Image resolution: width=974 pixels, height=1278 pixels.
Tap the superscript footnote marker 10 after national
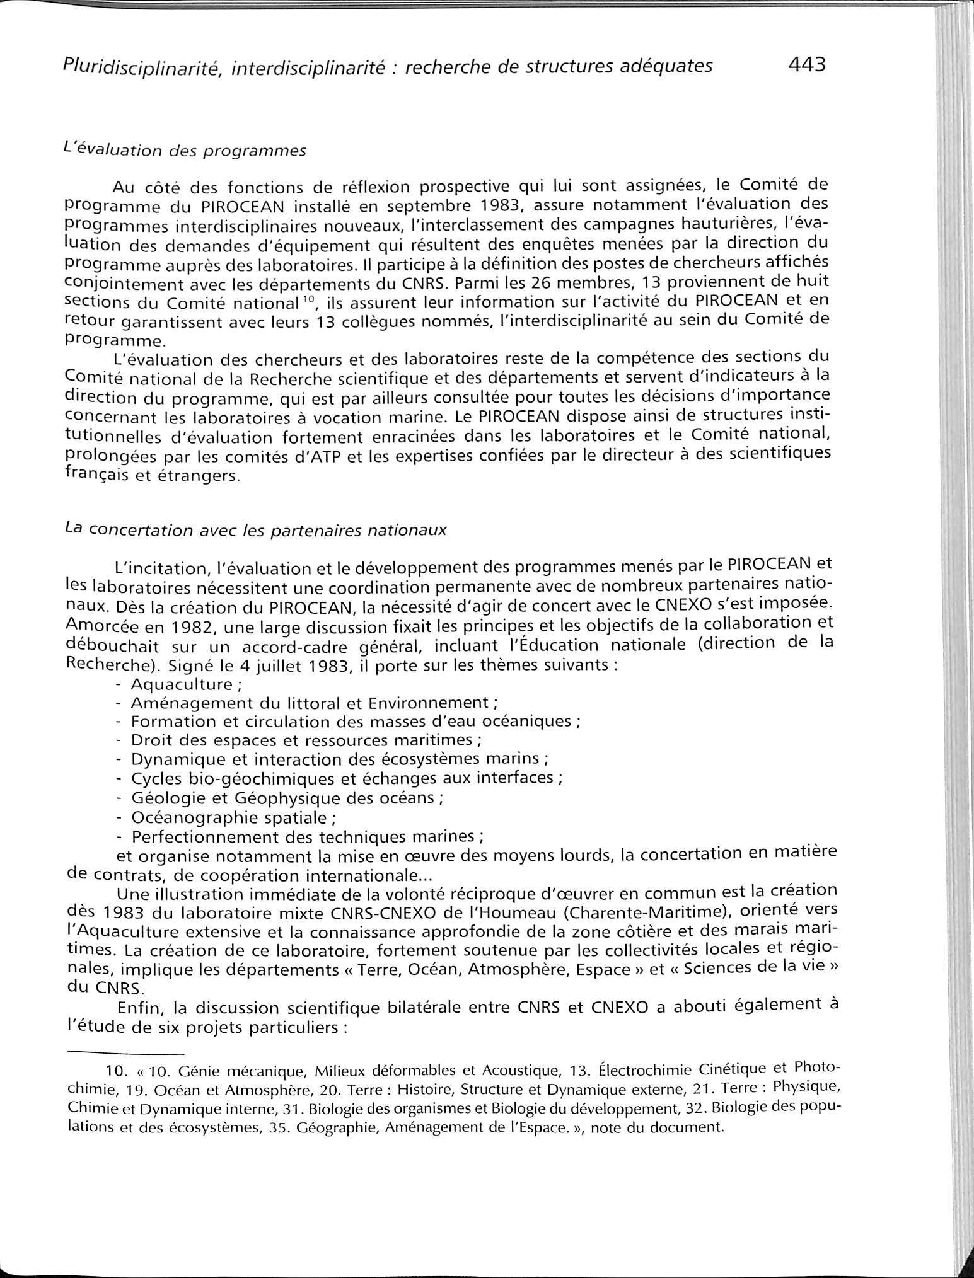(x=307, y=298)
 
